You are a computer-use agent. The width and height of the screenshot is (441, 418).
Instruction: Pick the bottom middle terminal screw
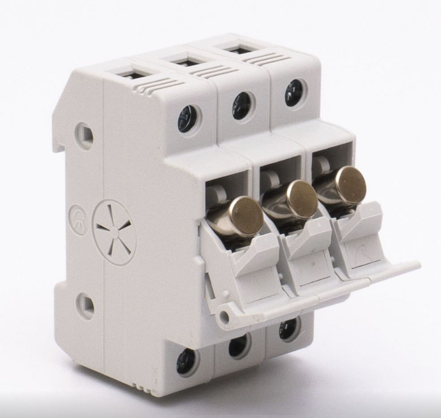[238, 346]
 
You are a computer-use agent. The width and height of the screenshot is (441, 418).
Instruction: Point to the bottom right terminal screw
[288, 329]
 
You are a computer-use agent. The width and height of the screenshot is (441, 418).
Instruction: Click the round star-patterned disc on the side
[114, 232]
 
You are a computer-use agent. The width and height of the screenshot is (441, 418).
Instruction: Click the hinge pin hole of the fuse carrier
[224, 316]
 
